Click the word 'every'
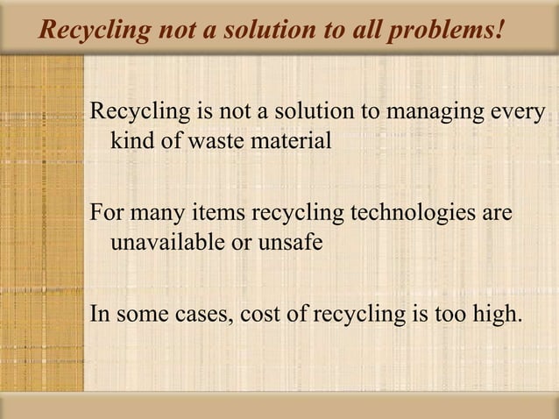(517, 114)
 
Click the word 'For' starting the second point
(108, 215)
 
